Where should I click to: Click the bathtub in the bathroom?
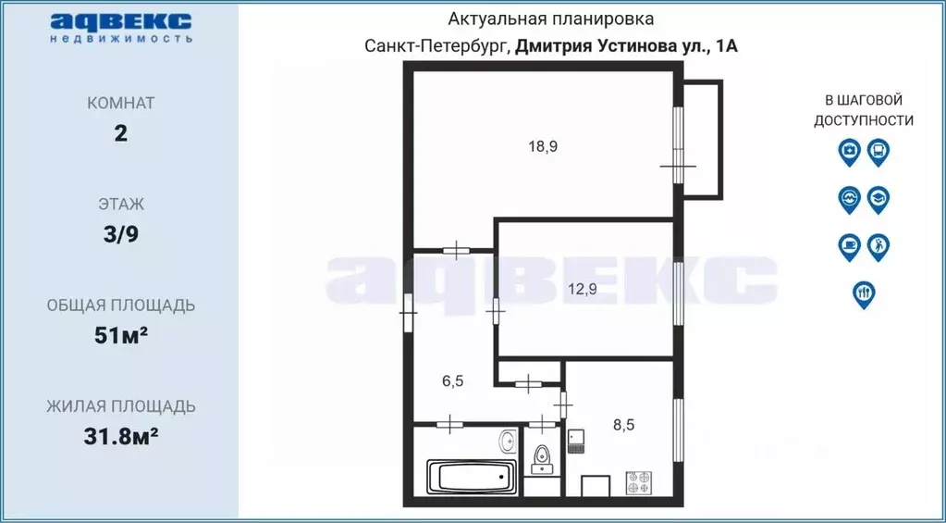471,479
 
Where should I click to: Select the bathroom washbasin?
508,439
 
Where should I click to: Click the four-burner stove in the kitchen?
637,482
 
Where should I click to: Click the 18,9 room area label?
543,145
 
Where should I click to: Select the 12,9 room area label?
582,289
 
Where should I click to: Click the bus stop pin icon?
878,151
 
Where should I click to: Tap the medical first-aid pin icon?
848,151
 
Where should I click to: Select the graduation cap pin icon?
878,198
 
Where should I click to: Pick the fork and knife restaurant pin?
863,293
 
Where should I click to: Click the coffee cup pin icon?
848,245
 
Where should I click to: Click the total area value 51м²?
120,335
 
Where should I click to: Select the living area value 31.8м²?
120,435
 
